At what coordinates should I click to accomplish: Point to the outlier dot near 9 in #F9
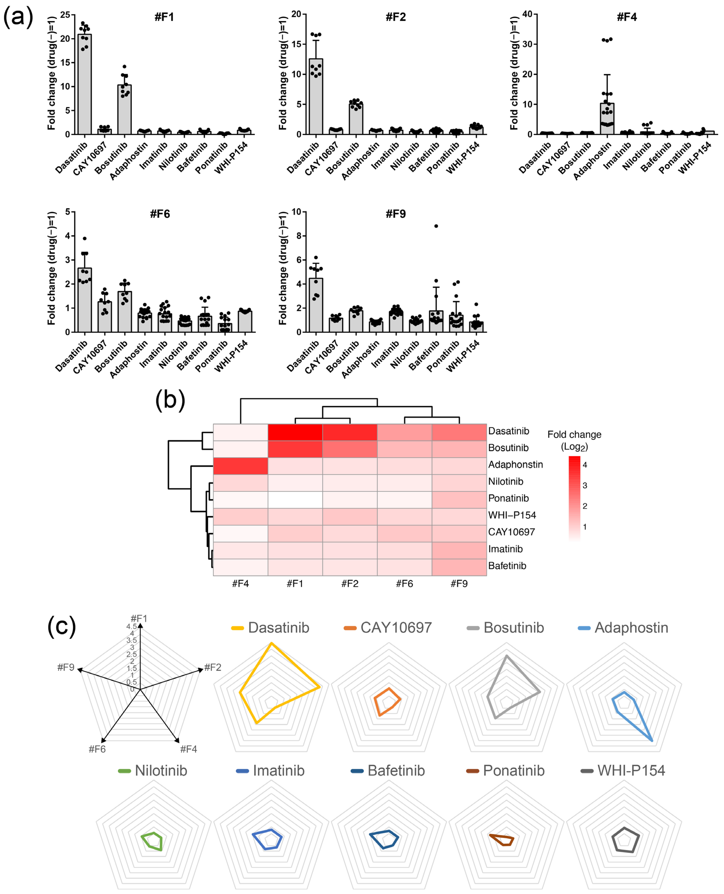pos(436,226)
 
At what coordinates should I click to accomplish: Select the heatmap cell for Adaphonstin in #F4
pos(240,466)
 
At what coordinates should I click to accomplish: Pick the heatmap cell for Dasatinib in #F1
pos(295,432)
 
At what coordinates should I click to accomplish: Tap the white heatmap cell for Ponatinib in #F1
pos(295,500)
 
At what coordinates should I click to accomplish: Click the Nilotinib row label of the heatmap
pos(505,482)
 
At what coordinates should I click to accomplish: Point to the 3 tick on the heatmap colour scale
pos(585,485)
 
